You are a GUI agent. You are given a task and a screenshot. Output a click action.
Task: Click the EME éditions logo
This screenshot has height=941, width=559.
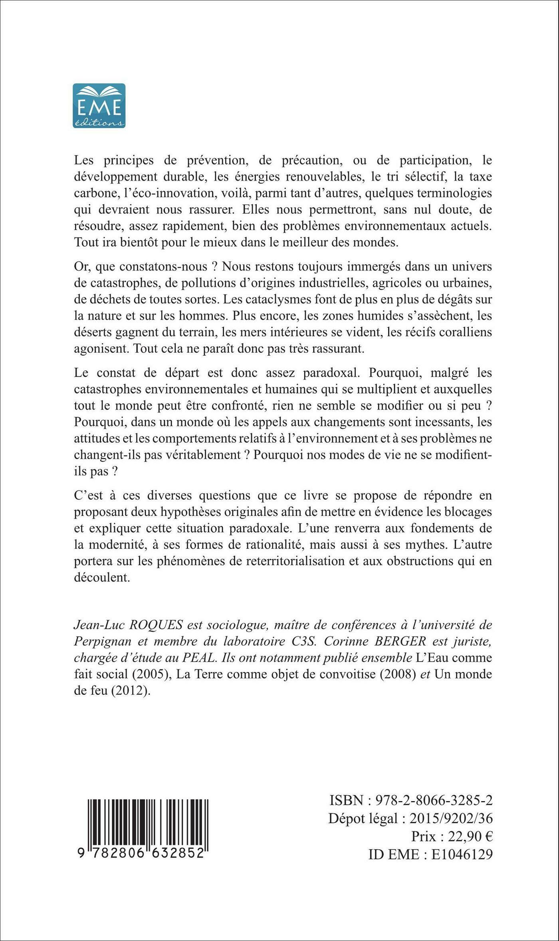[x=99, y=105]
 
